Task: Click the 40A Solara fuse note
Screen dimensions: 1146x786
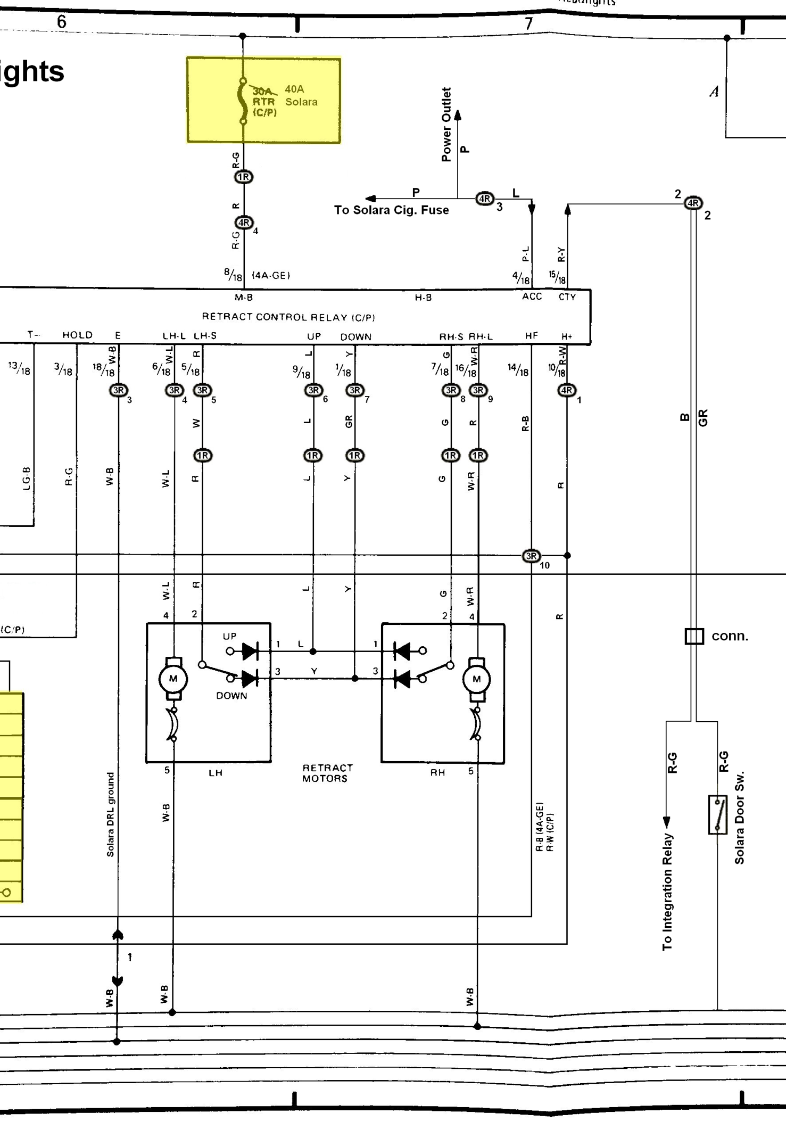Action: [x=301, y=95]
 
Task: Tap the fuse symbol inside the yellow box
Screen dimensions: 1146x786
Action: [x=243, y=101]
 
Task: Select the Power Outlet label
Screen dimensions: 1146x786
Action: [x=446, y=124]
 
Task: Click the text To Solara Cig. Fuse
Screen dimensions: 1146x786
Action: [x=391, y=210]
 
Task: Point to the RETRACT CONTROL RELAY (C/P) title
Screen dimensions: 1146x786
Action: [x=288, y=317]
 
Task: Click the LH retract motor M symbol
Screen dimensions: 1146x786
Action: [x=173, y=679]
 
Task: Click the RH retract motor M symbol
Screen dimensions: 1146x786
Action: [x=476, y=679]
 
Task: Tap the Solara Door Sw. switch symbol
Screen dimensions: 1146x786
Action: [x=717, y=814]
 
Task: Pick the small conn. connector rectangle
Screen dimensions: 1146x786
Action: [x=694, y=636]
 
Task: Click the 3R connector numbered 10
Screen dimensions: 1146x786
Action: [x=531, y=556]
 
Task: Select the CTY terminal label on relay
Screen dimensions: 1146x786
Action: [x=567, y=297]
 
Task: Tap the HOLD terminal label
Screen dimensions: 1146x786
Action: [x=77, y=335]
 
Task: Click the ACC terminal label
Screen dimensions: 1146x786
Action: [x=532, y=296]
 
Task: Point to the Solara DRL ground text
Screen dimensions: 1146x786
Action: [x=110, y=814]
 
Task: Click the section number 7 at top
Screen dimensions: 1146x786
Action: [x=528, y=24]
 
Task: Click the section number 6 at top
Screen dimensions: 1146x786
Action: [x=62, y=22]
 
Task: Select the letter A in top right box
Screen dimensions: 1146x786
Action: [x=714, y=92]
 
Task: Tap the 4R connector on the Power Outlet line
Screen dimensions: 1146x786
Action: [x=484, y=199]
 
